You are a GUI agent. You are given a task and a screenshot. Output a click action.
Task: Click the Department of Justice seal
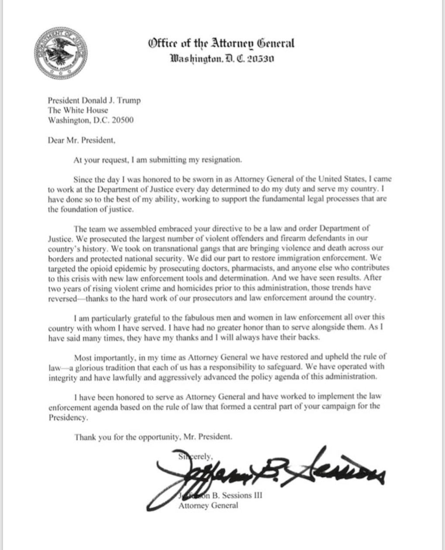(61, 52)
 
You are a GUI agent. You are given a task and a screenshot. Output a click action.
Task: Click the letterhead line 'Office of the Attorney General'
(221, 43)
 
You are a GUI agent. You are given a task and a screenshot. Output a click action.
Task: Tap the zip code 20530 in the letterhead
(260, 58)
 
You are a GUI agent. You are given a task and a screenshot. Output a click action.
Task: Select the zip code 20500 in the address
(123, 120)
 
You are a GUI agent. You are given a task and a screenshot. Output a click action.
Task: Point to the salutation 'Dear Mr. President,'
(82, 140)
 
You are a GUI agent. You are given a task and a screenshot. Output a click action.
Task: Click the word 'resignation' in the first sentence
(222, 160)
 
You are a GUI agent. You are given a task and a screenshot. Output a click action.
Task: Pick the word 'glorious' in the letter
(95, 367)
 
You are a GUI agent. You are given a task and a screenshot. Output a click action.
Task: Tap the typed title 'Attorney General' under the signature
(209, 506)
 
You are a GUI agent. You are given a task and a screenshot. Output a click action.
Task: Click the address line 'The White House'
(78, 110)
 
